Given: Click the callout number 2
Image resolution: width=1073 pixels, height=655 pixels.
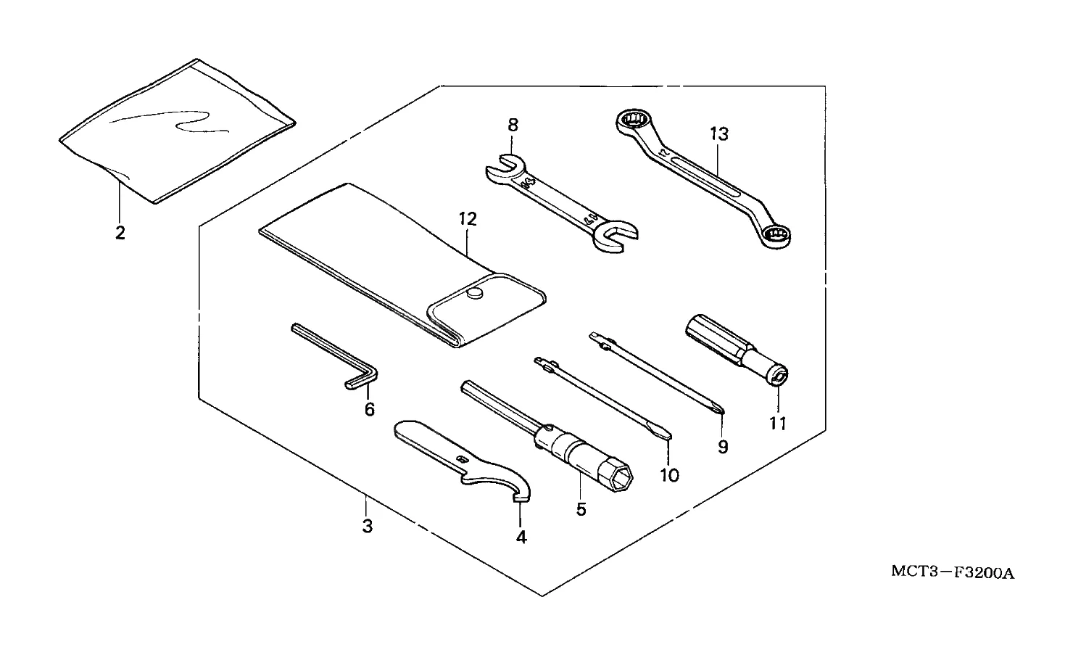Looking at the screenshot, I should (120, 233).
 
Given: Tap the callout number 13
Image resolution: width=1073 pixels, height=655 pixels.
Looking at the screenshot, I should (718, 134).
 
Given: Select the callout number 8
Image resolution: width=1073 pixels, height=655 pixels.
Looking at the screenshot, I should (513, 125).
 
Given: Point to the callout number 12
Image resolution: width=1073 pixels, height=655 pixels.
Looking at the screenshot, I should (468, 218).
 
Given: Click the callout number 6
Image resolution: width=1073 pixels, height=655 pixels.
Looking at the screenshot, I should (370, 410).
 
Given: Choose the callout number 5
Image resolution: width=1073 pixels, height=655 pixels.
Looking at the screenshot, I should (581, 509).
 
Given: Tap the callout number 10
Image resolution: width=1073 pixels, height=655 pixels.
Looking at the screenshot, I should (669, 475).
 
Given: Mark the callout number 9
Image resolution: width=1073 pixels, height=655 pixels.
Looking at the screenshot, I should (723, 447).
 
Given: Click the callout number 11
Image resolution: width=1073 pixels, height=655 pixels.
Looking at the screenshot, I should (778, 423).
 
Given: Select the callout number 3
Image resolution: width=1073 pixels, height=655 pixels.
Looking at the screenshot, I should (368, 527).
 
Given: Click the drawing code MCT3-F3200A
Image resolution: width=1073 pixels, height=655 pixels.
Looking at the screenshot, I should (952, 573).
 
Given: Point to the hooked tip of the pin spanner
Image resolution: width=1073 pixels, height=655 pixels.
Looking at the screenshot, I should (520, 495).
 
